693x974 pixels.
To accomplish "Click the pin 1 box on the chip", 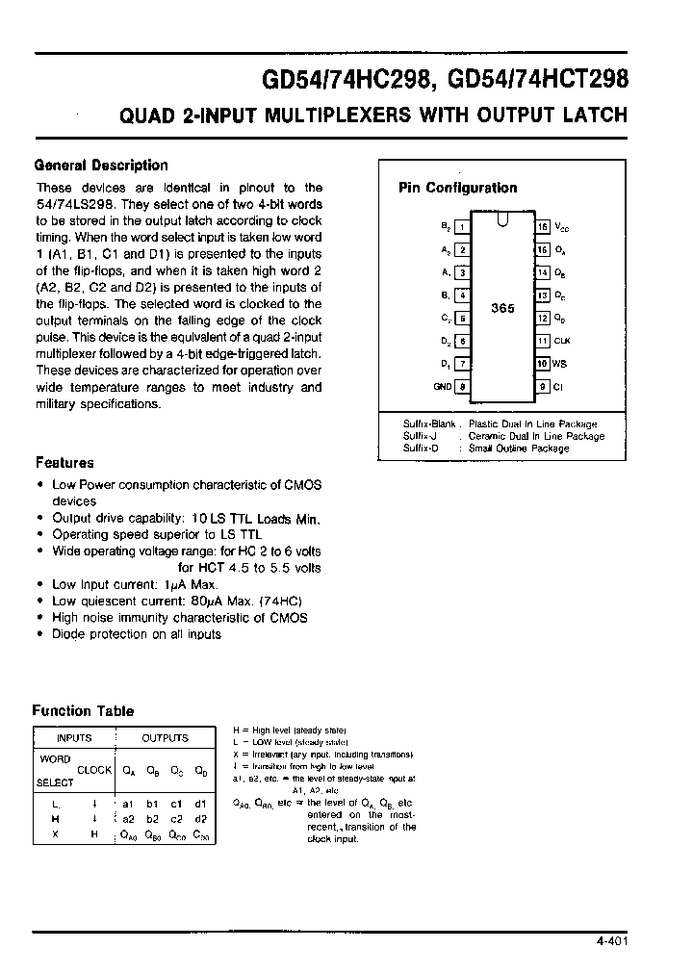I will tap(463, 227).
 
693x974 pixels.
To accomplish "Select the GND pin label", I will tap(443, 387).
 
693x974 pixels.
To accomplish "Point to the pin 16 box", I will tap(543, 227).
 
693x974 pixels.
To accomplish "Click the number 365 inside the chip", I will tap(502, 308).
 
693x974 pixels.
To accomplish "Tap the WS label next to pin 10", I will tap(560, 364).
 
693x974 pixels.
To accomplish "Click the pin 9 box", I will tap(543, 387).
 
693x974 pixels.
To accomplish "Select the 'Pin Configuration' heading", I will tap(457, 188).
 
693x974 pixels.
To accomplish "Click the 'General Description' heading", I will tap(101, 165).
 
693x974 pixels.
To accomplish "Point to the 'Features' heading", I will tap(64, 462).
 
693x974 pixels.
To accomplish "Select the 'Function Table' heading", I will tap(83, 710).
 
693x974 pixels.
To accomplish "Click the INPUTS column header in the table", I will tap(74, 738).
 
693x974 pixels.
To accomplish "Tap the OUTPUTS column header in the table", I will tap(165, 738).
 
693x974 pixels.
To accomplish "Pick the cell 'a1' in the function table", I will tap(128, 803).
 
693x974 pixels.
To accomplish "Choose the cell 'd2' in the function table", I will tap(200, 818).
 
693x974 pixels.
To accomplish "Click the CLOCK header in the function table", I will tap(94, 770).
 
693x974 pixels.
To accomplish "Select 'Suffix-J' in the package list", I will tap(421, 436).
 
